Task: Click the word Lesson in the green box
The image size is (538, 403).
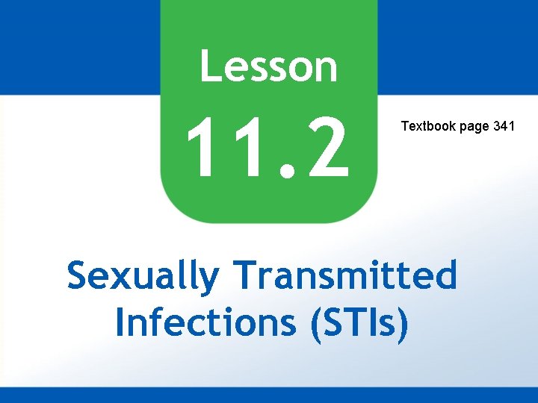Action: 268,66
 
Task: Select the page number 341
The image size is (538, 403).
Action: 504,126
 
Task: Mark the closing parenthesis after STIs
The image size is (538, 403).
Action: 403,323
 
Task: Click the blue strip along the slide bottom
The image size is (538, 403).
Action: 269,395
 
